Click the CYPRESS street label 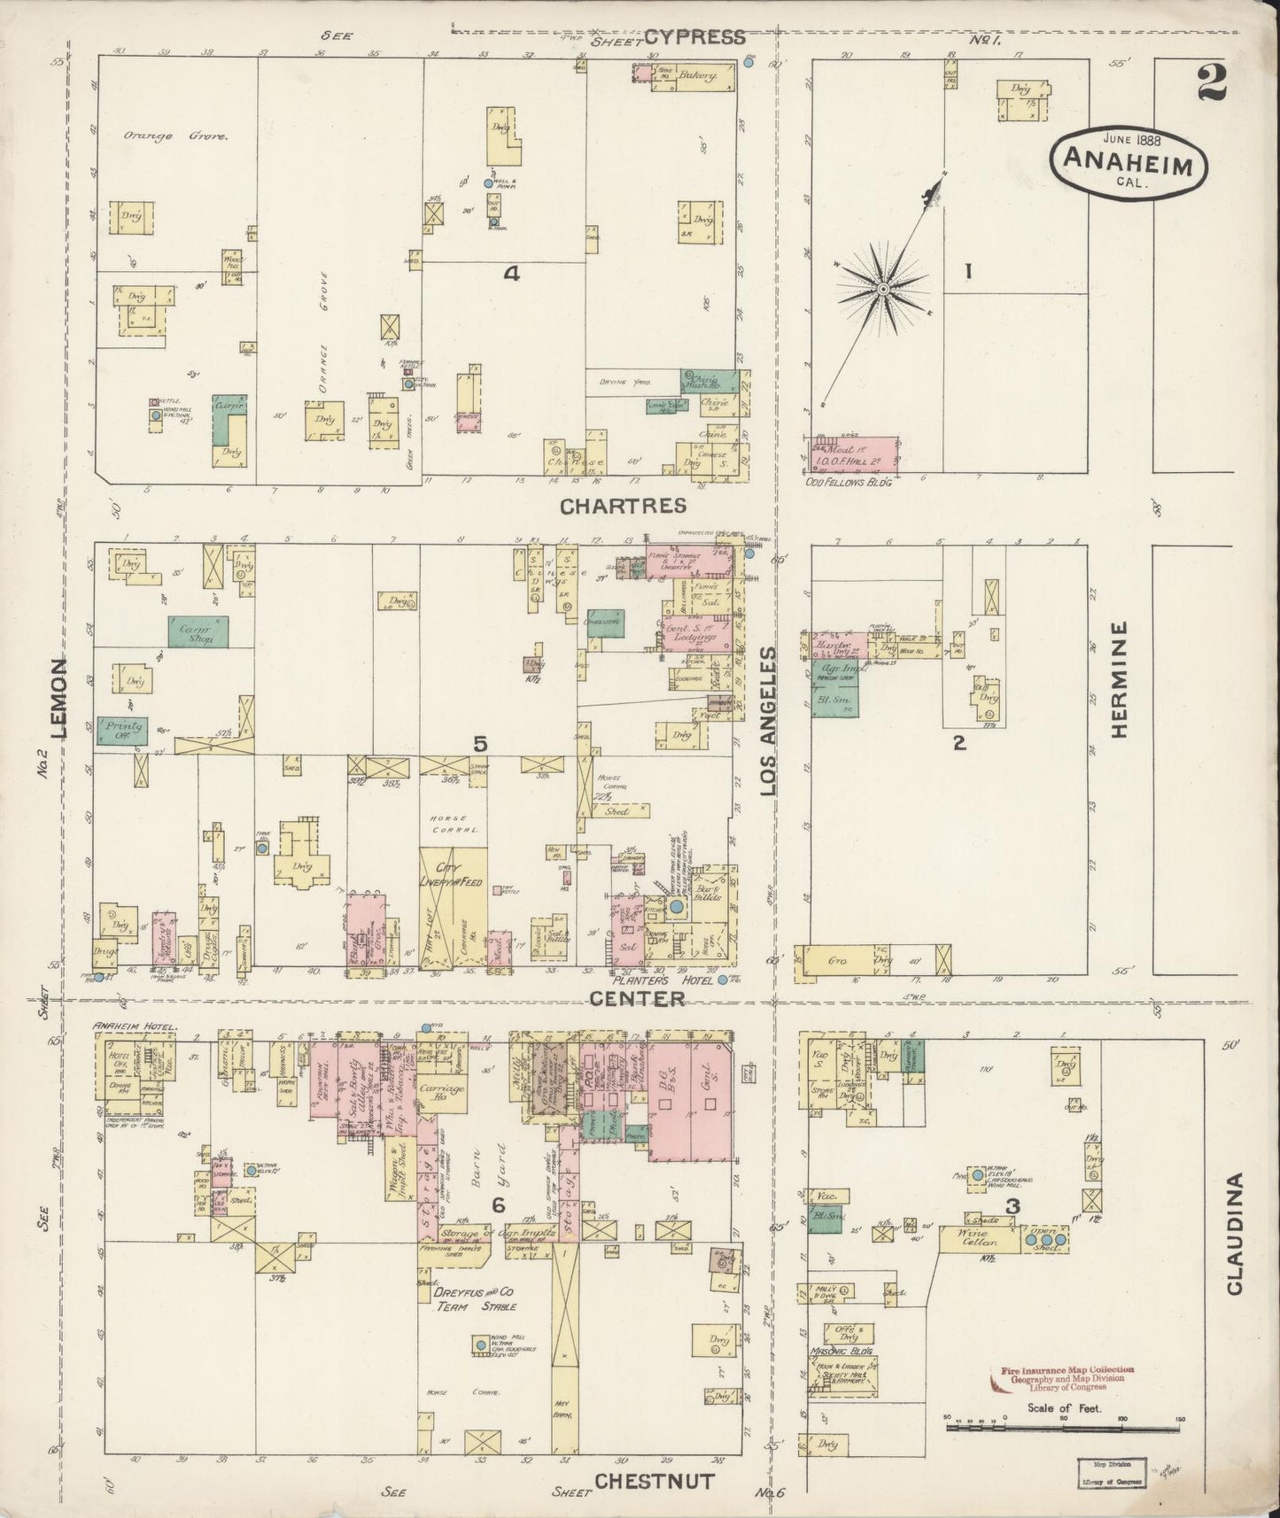[694, 36]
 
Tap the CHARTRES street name [623, 505]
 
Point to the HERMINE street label [1120, 679]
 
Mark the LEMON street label [60, 699]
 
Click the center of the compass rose [883, 289]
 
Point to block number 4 [510, 274]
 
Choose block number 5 [480, 745]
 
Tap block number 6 [499, 1204]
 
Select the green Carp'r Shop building [198, 631]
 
